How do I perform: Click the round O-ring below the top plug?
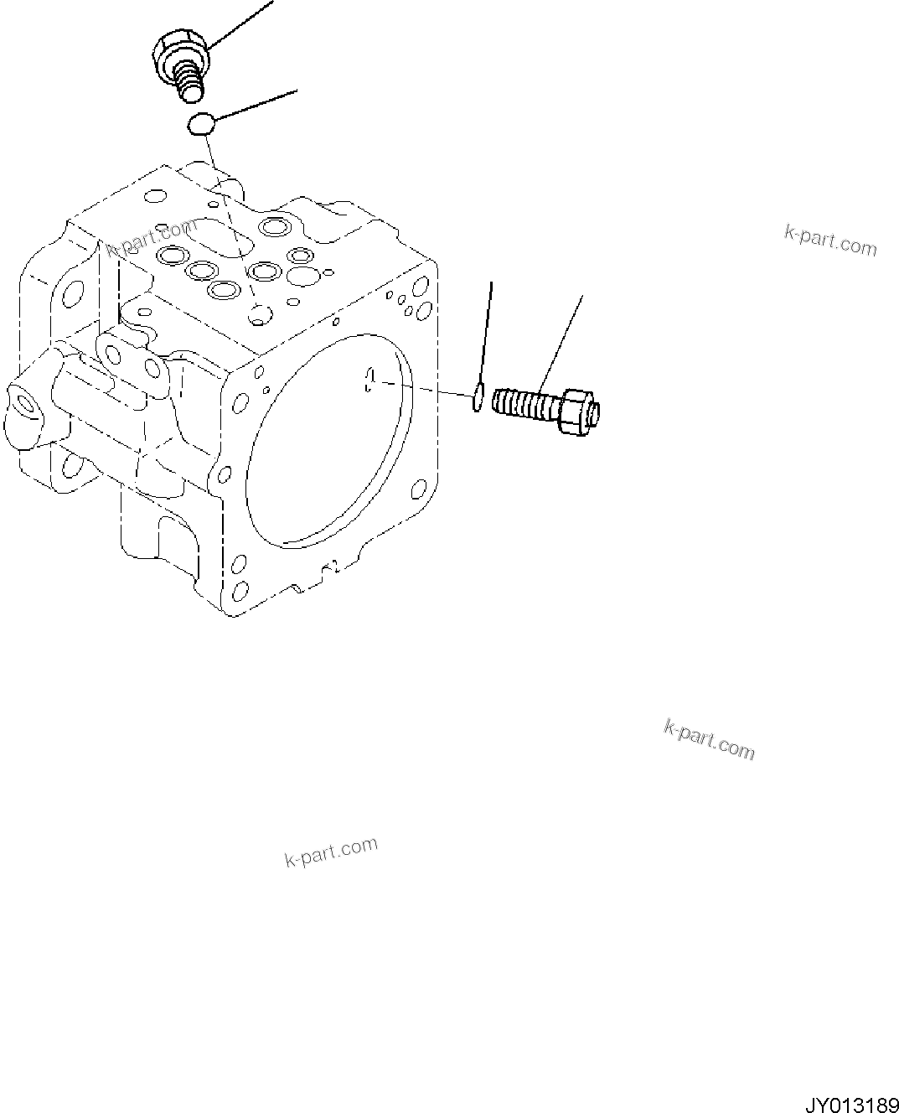tap(200, 125)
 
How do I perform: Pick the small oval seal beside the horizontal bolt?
tap(477, 397)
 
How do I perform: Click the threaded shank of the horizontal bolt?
tap(525, 402)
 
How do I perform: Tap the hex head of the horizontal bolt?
tap(578, 411)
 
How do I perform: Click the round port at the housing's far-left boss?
tap(25, 406)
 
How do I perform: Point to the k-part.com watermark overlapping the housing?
tap(152, 238)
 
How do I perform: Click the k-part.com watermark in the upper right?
tap(830, 241)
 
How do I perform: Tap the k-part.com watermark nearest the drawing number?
tap(709, 738)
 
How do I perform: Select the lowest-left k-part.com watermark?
tap(331, 852)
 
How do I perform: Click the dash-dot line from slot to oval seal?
tap(423, 388)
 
